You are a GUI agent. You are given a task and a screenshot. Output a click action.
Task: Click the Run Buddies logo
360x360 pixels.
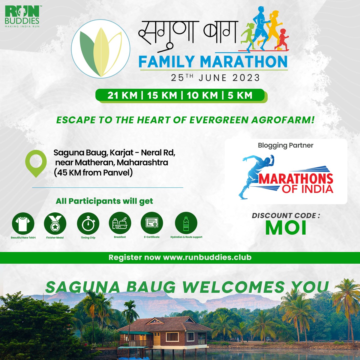(22, 16)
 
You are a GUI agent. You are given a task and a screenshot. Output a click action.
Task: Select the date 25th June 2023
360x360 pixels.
(215, 78)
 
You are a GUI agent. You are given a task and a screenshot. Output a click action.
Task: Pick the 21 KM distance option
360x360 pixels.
(122, 95)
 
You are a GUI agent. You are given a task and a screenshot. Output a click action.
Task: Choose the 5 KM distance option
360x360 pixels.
(240, 95)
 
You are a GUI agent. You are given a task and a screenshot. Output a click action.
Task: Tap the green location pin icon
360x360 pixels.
(36, 163)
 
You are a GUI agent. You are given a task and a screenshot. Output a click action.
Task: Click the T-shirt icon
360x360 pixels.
(23, 223)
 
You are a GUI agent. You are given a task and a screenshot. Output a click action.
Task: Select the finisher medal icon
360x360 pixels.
(55, 223)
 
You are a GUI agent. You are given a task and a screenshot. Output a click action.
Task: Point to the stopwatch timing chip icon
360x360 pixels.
(88, 223)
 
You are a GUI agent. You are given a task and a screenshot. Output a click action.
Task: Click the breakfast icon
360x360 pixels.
(120, 223)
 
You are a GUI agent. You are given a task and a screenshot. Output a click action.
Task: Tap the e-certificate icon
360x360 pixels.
(152, 223)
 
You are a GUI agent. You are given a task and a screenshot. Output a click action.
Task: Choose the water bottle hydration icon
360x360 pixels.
(186, 223)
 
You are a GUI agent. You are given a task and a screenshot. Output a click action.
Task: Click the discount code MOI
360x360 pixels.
(286, 228)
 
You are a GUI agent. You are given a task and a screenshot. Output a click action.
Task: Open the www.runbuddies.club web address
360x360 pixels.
(207, 257)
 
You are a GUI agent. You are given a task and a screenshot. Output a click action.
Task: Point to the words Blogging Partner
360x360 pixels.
(286, 145)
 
